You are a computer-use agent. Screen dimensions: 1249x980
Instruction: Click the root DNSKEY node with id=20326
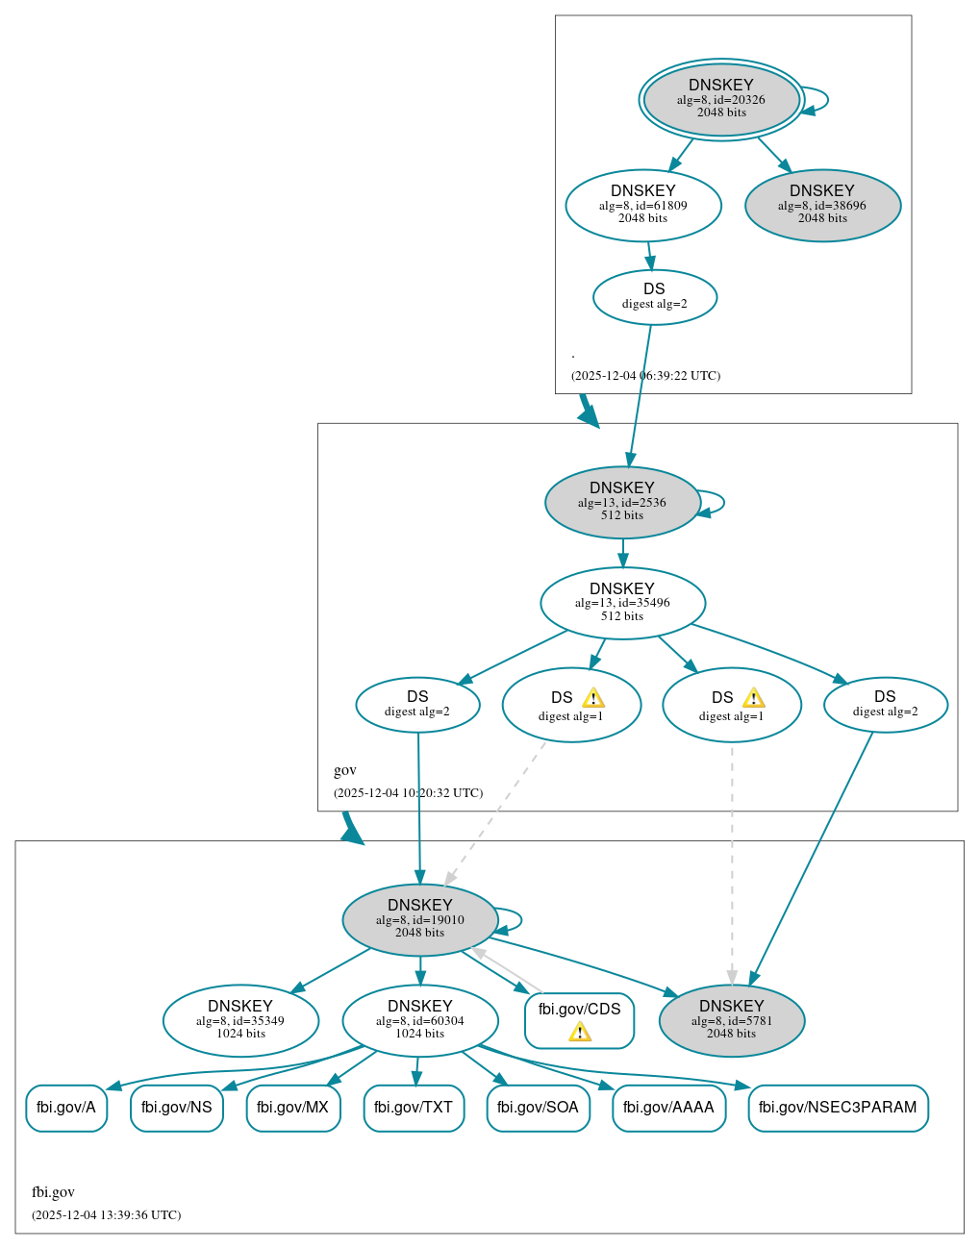(721, 99)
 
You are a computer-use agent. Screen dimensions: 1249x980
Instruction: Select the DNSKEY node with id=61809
(643, 205)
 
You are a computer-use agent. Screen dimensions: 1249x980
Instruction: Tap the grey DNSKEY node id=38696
(822, 206)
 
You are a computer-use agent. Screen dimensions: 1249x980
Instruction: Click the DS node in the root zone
(654, 297)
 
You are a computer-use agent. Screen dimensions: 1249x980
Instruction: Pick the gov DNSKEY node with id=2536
(622, 502)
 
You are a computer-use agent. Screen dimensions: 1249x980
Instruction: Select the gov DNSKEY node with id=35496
(622, 603)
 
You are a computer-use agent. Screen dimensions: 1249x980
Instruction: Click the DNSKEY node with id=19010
(419, 920)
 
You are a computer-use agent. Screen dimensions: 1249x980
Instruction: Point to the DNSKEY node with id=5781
(731, 1020)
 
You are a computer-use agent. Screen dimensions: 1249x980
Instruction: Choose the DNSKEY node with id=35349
(240, 1020)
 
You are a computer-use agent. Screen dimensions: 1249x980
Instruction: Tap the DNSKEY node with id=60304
(419, 1020)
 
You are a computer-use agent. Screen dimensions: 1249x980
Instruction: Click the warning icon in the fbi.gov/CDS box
(579, 1032)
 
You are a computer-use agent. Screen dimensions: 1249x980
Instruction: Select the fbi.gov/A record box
(66, 1108)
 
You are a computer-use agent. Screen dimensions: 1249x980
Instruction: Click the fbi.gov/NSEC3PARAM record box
(838, 1108)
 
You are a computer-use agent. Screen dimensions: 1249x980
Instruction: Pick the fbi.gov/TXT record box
(414, 1108)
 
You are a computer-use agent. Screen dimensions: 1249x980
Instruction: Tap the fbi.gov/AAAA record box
(668, 1108)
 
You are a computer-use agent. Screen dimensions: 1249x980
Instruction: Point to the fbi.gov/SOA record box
(538, 1108)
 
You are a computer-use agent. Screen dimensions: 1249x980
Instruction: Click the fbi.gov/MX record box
(293, 1108)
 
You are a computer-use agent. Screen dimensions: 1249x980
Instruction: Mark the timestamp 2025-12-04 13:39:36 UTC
(106, 1215)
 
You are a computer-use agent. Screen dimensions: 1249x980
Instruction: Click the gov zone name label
(344, 770)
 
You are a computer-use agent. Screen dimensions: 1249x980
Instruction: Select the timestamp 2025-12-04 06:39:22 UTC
(645, 376)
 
